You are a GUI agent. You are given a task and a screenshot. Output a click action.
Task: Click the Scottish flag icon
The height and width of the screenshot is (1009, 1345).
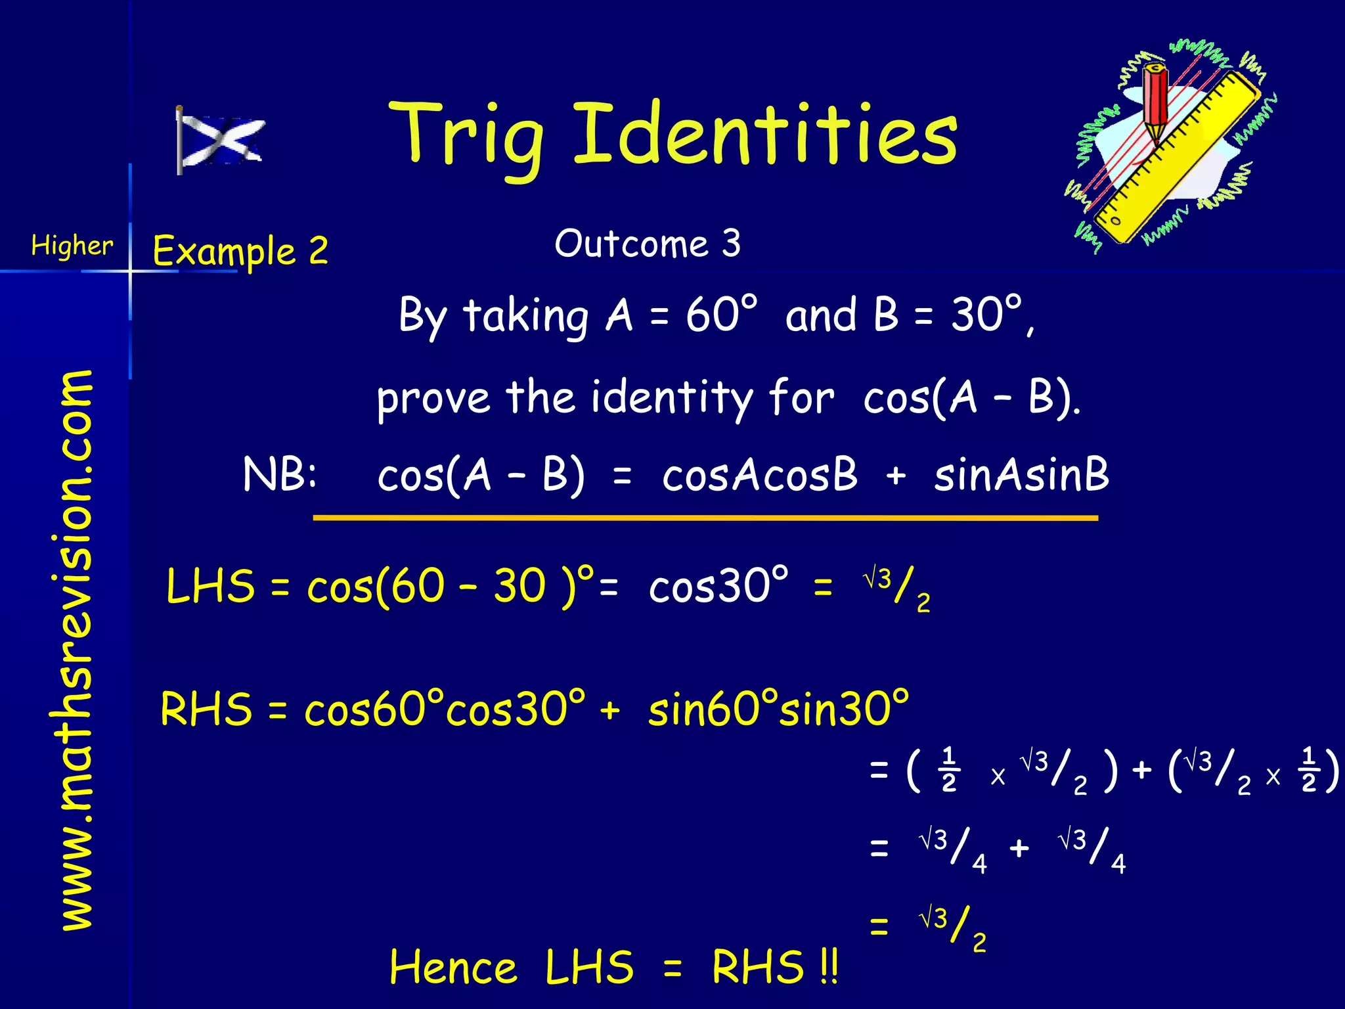pos(220,140)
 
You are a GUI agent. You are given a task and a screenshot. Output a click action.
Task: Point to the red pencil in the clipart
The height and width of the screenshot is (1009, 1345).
pos(1155,99)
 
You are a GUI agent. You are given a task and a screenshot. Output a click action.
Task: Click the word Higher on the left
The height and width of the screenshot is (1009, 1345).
pos(72,246)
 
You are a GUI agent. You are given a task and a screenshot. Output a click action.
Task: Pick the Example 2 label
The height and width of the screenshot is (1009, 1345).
pos(240,251)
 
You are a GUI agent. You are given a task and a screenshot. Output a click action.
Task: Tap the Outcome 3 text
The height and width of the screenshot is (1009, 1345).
pos(648,244)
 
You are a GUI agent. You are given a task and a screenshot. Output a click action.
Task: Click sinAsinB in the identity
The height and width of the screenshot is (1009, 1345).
pos(1022,474)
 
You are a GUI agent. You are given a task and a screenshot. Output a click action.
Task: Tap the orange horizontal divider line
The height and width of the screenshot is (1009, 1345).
pos(705,518)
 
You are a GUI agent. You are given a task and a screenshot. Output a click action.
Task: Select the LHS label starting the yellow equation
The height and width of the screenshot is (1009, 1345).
pos(210,586)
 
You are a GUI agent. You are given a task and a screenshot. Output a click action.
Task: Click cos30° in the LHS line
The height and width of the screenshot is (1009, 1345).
pos(718,586)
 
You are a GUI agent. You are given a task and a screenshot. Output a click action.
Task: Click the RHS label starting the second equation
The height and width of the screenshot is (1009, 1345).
pos(206,710)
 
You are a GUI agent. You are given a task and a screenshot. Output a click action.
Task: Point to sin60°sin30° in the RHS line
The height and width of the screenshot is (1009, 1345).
pos(779,710)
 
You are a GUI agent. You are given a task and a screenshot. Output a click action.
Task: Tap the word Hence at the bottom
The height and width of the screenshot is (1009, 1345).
pos(453,968)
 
